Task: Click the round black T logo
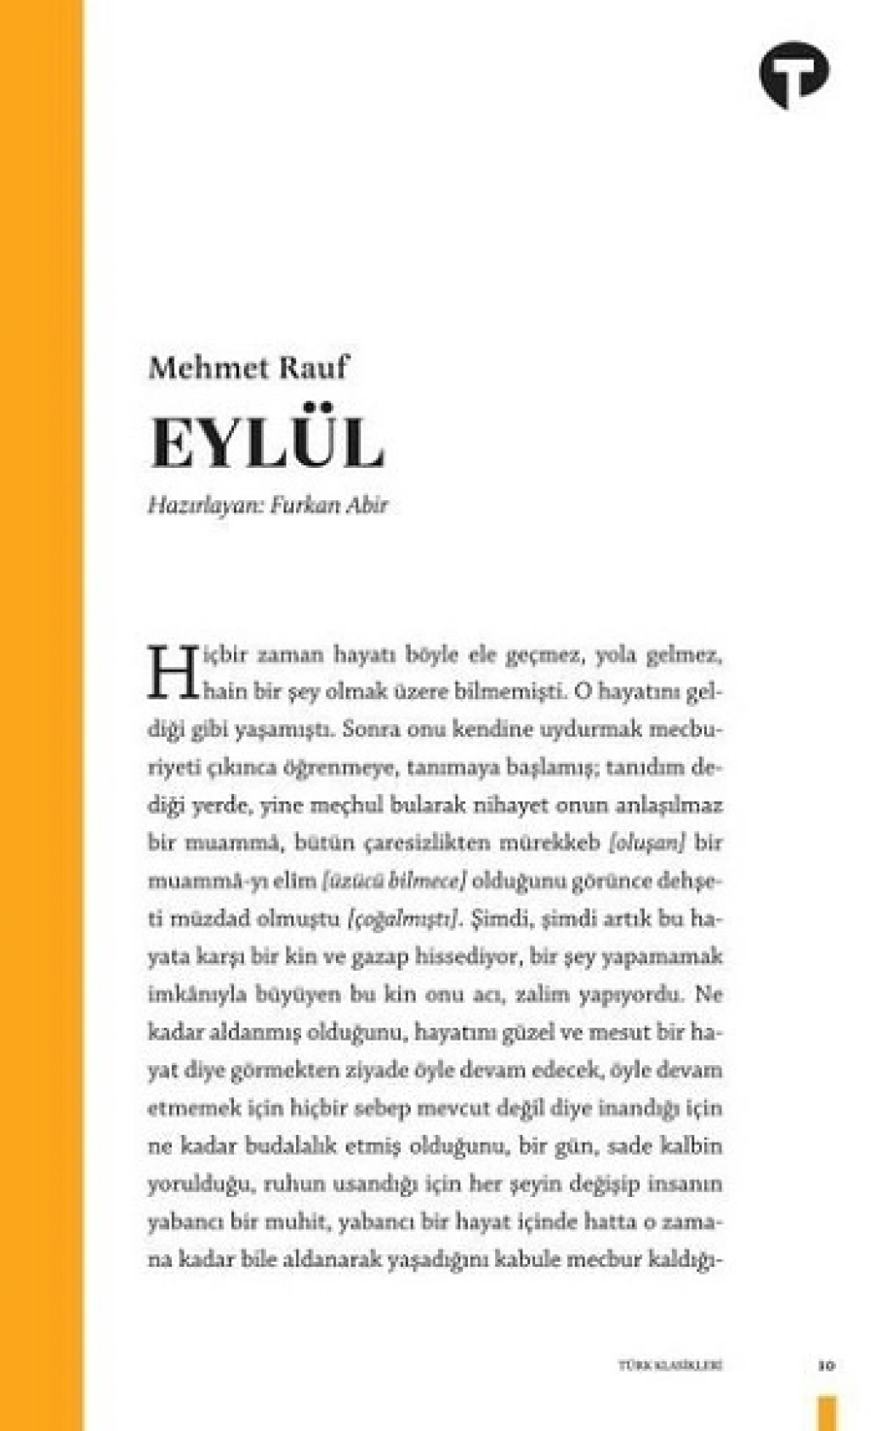coord(794,74)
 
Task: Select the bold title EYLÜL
coord(267,442)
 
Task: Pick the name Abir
coord(367,505)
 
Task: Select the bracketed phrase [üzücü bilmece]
coord(394,881)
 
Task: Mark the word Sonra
coord(372,729)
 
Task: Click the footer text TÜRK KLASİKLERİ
coord(669,1366)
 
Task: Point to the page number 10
coord(825,1366)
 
